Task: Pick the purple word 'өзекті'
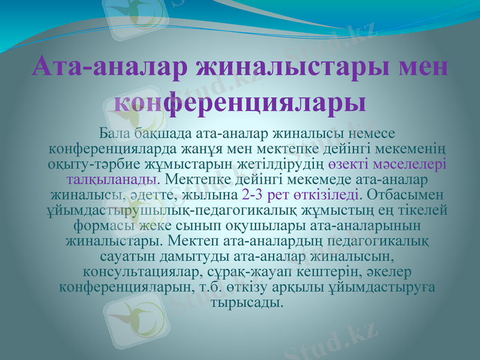click(349, 163)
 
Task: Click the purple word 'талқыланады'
click(113, 179)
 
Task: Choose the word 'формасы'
click(103, 226)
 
